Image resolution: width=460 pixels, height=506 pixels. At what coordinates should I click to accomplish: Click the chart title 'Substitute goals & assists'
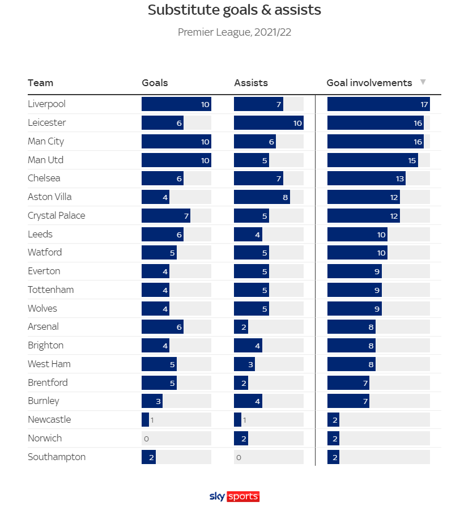coord(234,10)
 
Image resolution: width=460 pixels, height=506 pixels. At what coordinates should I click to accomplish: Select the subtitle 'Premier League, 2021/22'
coord(234,32)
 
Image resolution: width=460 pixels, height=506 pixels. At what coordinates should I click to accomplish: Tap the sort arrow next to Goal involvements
coord(423,83)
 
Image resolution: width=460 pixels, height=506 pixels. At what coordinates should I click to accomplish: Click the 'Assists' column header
coord(251,83)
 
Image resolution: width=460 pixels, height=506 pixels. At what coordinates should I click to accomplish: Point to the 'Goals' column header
coord(155,83)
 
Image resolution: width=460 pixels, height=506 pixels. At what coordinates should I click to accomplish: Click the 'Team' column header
coord(40,83)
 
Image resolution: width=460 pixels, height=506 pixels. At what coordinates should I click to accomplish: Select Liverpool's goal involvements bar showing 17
coord(378,104)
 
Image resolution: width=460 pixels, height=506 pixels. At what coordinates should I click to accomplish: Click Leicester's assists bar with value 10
coord(269,123)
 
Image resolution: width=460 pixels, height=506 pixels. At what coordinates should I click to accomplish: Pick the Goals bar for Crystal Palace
coord(166,216)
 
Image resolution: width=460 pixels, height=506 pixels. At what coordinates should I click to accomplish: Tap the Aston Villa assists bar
coord(262,197)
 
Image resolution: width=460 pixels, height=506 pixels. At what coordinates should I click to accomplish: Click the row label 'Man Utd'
coord(45,160)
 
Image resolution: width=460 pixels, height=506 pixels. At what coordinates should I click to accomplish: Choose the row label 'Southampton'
coord(57,457)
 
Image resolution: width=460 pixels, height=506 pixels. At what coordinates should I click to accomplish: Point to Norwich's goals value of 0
coord(146,439)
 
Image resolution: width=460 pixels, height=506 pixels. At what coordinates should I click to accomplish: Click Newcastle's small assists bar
coord(237,420)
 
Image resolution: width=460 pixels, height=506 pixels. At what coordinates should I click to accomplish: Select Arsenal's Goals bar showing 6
coord(163,327)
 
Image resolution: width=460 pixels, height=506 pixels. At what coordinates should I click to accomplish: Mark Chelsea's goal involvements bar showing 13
coord(367,178)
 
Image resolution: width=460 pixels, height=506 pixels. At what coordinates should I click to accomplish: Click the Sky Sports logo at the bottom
coord(234,496)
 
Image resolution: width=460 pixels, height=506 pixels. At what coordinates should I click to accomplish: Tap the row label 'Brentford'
coord(48,382)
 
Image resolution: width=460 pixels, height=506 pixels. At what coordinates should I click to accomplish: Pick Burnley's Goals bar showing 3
coord(152,401)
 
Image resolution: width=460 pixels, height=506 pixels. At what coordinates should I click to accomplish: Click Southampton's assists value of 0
coord(238,457)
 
